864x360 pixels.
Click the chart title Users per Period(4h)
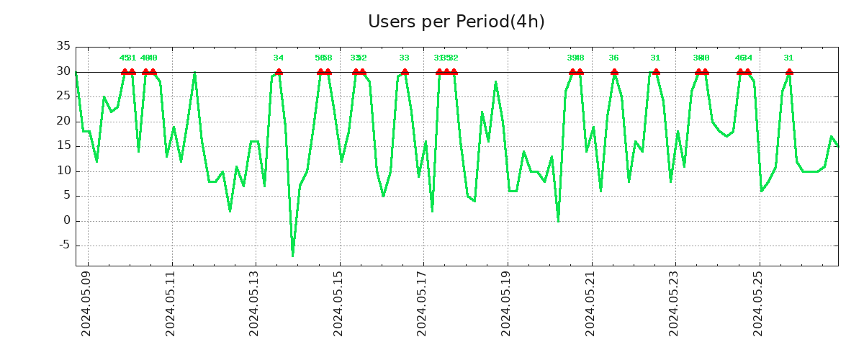click(456, 22)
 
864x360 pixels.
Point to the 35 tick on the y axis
click(63, 47)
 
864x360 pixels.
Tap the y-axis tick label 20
click(63, 121)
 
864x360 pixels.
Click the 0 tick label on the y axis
click(67, 220)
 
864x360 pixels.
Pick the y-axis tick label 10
click(63, 171)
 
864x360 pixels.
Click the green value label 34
click(279, 58)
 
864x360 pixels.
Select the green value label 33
click(405, 58)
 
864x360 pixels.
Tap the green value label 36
click(613, 58)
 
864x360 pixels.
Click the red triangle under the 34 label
click(279, 71)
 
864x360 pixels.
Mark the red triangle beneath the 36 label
click(614, 71)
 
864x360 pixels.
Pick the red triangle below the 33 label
click(405, 71)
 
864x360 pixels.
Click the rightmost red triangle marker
click(789, 71)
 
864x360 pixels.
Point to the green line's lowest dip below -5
click(293, 256)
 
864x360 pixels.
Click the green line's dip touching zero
click(558, 220)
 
